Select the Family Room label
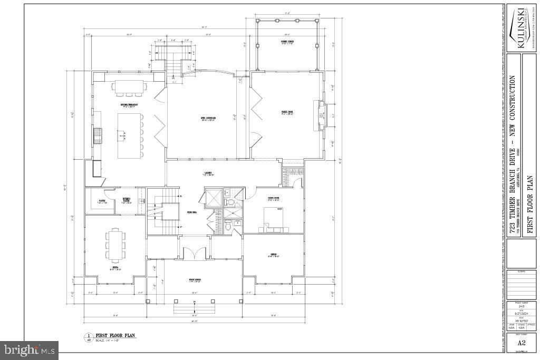(x=286, y=112)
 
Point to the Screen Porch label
(x=287, y=42)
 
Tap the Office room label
(x=273, y=255)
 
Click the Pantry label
(x=101, y=201)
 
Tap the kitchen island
(x=127, y=135)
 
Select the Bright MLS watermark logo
(x=29, y=349)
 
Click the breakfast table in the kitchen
(x=128, y=86)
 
